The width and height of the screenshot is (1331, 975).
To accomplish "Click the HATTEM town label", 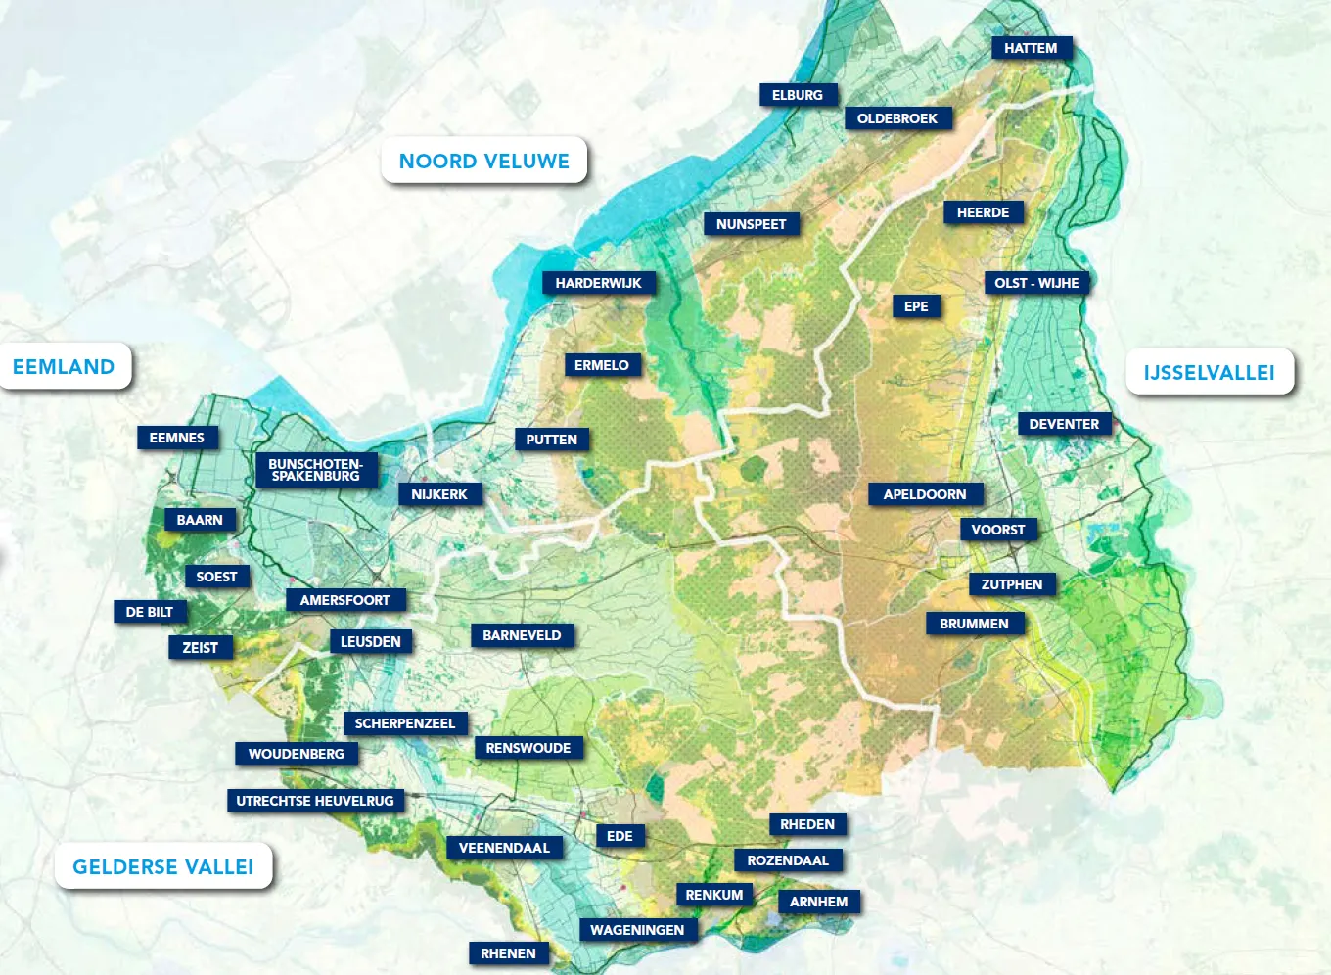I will tap(1031, 48).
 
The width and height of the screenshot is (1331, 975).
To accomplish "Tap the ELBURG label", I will tap(797, 95).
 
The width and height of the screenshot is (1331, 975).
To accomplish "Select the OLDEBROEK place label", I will tap(896, 118).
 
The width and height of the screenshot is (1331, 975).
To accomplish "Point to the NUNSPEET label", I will tap(751, 224).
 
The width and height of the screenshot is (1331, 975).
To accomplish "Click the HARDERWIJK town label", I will tap(598, 283).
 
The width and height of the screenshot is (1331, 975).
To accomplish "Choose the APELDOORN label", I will tap(924, 494).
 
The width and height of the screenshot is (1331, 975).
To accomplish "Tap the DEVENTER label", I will tap(1064, 424).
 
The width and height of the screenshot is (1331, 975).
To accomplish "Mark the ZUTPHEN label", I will tap(1011, 584).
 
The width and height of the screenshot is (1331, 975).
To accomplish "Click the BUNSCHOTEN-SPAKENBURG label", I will tap(315, 470).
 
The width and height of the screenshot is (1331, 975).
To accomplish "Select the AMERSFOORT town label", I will tap(344, 600).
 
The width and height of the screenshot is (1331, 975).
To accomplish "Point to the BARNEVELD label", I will tap(522, 635).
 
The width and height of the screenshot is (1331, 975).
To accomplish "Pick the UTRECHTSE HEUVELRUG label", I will tap(314, 801).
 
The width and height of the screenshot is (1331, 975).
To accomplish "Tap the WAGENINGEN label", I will tap(636, 930).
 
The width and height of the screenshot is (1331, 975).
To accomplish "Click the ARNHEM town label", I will tap(818, 902).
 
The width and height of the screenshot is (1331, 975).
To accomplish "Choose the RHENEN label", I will tap(508, 953).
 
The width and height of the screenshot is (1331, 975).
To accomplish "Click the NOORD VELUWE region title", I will tap(483, 162).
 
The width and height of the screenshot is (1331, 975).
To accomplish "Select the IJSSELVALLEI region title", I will tap(1209, 372).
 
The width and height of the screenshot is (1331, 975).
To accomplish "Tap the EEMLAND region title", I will tap(64, 367).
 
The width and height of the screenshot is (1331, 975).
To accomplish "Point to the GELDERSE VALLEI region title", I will tap(162, 866).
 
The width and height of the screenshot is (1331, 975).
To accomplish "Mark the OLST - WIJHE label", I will tap(1036, 283).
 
